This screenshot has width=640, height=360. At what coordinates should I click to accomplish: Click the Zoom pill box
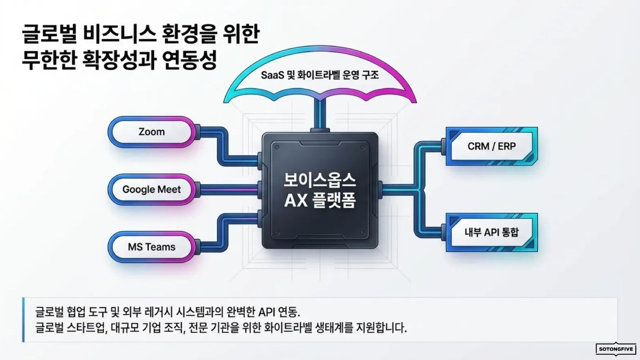[x=151, y=132]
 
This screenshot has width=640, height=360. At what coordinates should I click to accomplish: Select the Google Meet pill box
[x=151, y=189]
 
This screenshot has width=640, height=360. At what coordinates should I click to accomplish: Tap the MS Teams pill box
[x=151, y=247]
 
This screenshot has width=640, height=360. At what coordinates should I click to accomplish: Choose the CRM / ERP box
[x=491, y=146]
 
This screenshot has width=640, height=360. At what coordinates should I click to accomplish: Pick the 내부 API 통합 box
[x=491, y=232]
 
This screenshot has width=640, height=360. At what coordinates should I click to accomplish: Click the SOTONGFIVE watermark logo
[x=616, y=349]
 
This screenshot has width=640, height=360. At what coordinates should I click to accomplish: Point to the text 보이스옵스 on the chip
[x=320, y=181]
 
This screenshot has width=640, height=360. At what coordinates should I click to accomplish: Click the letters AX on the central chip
[x=293, y=201]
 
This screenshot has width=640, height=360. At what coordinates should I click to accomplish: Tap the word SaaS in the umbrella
[x=272, y=75]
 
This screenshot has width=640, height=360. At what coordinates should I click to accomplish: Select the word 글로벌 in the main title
[x=46, y=35]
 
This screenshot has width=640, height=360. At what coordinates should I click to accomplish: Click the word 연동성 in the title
[x=191, y=60]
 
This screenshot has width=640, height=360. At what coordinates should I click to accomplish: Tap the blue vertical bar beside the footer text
[x=23, y=320]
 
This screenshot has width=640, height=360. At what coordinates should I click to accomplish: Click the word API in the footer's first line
[x=266, y=312]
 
